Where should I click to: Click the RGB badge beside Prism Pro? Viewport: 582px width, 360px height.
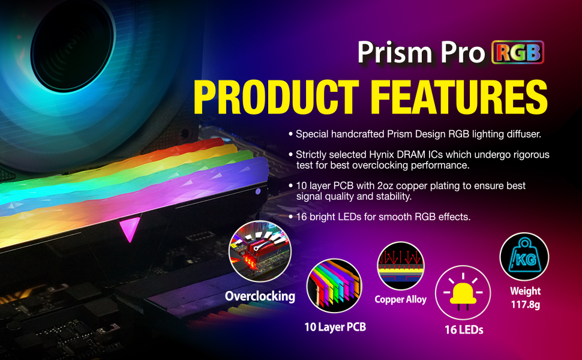[x=517, y=52]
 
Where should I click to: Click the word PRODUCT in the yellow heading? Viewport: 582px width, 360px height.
[x=276, y=97]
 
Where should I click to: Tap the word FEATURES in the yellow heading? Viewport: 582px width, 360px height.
[x=459, y=97]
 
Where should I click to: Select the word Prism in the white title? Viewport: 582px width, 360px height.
[x=395, y=52]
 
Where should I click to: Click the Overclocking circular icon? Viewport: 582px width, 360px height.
[x=260, y=251]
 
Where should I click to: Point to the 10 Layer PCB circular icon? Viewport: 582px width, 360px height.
[x=334, y=286]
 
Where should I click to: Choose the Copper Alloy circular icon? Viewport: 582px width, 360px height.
[x=401, y=266]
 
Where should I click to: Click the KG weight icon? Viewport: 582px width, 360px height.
[x=524, y=256]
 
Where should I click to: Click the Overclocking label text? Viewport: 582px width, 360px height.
[x=260, y=296]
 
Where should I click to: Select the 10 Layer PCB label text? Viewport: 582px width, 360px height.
[x=335, y=327]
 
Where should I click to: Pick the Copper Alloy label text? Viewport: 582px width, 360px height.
[x=400, y=299]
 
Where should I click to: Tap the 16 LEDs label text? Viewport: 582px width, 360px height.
[x=464, y=329]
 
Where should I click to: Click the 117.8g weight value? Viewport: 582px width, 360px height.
[x=525, y=305]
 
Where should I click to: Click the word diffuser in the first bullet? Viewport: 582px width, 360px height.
[x=524, y=134]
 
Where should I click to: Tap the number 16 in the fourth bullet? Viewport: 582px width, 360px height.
[x=301, y=217]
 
